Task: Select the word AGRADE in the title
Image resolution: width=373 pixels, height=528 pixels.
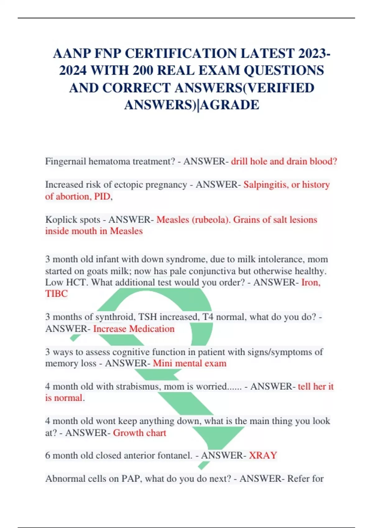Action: pyautogui.click(x=230, y=105)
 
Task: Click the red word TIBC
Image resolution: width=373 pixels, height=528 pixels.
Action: pyautogui.click(x=56, y=294)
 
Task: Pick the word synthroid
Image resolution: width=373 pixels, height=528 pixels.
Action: pyautogui.click(x=115, y=317)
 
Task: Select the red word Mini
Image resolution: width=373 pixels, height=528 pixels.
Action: pyautogui.click(x=163, y=363)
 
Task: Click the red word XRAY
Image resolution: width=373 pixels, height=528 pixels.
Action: pyautogui.click(x=263, y=456)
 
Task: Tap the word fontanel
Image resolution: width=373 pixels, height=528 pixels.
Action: pyautogui.click(x=175, y=456)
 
